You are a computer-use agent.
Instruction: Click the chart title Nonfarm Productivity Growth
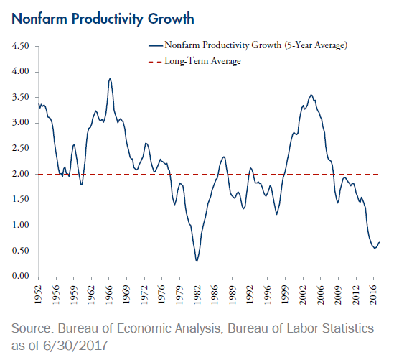(x=103, y=19)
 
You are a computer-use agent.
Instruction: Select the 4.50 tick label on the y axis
(x=21, y=46)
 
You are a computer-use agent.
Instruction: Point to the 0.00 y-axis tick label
(x=21, y=276)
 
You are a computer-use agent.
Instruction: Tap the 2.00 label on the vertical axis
(x=21, y=174)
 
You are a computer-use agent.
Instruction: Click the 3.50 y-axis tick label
(x=21, y=97)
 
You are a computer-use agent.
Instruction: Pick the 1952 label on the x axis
(x=38, y=295)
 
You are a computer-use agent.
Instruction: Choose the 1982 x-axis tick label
(x=197, y=295)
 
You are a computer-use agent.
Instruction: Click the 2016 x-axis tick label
(x=374, y=295)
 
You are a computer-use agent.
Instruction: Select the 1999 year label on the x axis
(x=285, y=295)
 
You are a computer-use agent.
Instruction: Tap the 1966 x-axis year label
(x=108, y=295)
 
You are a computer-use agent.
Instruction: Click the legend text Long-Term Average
(x=202, y=61)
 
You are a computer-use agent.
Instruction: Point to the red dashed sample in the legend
(x=155, y=61)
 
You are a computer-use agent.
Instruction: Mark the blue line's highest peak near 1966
(x=110, y=78)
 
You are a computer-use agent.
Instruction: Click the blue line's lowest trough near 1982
(x=197, y=260)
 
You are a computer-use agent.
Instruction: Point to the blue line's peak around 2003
(x=311, y=95)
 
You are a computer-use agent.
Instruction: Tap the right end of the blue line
(x=380, y=242)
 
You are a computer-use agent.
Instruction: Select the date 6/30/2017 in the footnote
(x=75, y=346)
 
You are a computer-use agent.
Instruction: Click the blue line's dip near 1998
(x=276, y=214)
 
